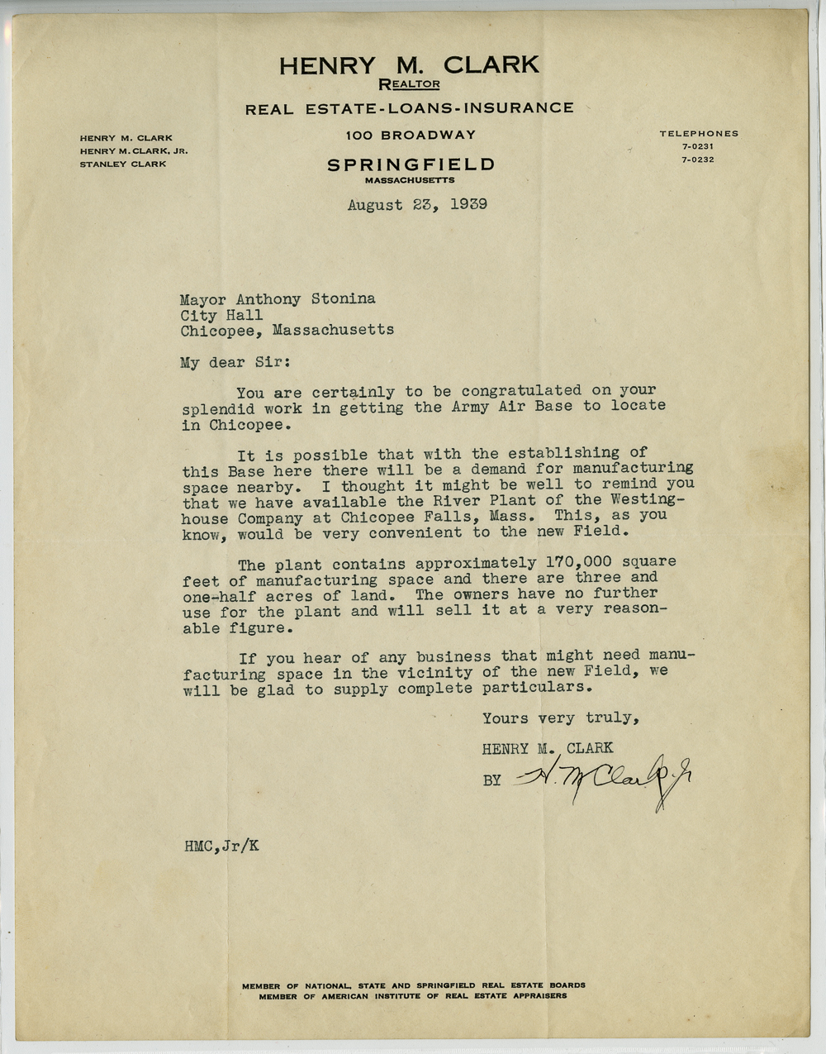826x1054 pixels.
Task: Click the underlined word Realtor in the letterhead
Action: pyautogui.click(x=409, y=83)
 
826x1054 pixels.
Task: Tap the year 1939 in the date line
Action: pyautogui.click(x=468, y=204)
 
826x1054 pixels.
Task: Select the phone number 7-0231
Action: pyautogui.click(x=698, y=146)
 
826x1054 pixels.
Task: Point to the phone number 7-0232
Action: pyautogui.click(x=698, y=160)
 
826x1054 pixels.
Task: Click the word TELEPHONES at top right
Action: pyautogui.click(x=699, y=133)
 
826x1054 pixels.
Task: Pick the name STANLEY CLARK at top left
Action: pyautogui.click(x=122, y=164)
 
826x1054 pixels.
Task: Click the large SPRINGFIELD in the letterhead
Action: pyautogui.click(x=411, y=165)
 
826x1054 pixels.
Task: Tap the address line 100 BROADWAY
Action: pyautogui.click(x=411, y=135)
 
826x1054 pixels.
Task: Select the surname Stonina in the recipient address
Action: pyautogui.click(x=343, y=298)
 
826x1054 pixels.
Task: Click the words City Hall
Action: pyautogui.click(x=221, y=315)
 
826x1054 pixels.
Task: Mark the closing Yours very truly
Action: pyautogui.click(x=560, y=718)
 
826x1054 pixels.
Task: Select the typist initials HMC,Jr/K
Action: pyautogui.click(x=221, y=846)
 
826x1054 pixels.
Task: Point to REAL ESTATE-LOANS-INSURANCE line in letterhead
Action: pyautogui.click(x=409, y=108)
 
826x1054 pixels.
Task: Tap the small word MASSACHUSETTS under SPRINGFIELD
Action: pyautogui.click(x=409, y=180)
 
